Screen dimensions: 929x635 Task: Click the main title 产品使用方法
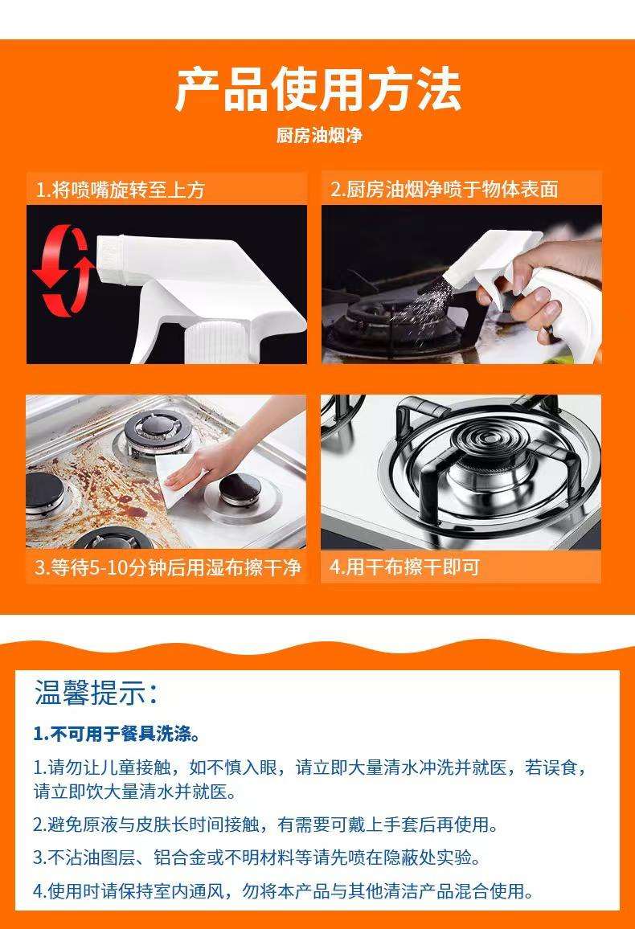tap(317, 90)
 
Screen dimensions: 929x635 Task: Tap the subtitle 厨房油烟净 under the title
tap(318, 135)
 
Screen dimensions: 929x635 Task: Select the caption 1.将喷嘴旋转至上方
tap(120, 190)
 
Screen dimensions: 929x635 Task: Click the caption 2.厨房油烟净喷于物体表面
tap(444, 190)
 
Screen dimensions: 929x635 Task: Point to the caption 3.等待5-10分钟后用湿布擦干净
tap(167, 567)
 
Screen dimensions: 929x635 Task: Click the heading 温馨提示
tap(96, 693)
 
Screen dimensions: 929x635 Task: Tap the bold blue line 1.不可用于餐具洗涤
tap(116, 734)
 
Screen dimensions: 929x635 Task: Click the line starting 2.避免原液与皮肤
tap(265, 825)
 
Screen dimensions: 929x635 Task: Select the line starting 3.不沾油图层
tap(257, 857)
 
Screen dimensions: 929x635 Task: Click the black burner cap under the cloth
tap(240, 488)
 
